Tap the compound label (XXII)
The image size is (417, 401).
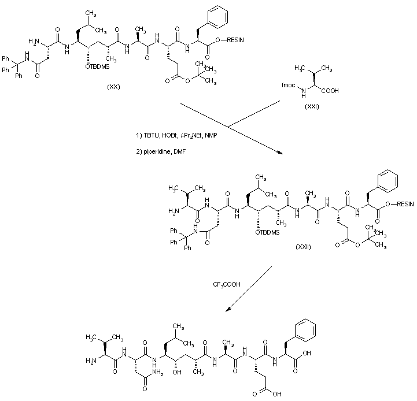coord(303,247)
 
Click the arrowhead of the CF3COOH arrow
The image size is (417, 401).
coord(227,309)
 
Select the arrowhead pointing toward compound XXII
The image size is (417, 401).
coord(280,153)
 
